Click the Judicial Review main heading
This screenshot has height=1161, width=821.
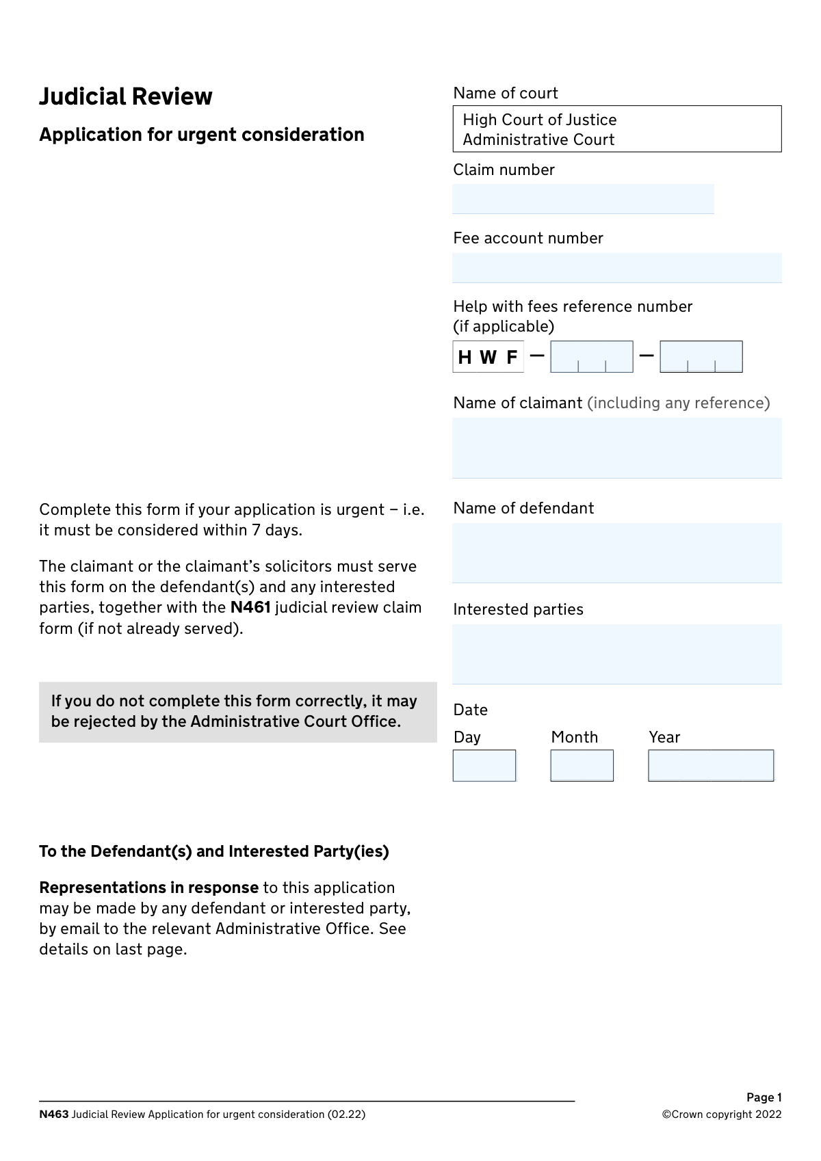(x=126, y=96)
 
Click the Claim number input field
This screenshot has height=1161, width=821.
(x=583, y=199)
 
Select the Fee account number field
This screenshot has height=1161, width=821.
(x=616, y=268)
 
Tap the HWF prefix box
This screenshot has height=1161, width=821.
(x=488, y=357)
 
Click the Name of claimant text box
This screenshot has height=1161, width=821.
(x=616, y=448)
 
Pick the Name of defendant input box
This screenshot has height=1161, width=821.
(x=616, y=552)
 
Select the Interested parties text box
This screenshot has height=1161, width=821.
(x=616, y=654)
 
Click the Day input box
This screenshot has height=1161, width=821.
(x=484, y=765)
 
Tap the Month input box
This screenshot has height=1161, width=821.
(x=582, y=765)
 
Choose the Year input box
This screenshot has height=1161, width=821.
(x=711, y=765)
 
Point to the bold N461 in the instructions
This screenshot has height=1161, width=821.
(x=250, y=607)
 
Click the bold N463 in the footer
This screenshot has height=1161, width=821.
(x=54, y=1114)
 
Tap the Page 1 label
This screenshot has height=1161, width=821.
(x=764, y=1097)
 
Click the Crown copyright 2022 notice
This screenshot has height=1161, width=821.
(x=721, y=1114)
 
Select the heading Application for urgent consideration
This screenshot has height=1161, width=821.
(x=202, y=135)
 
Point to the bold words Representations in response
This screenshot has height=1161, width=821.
(x=148, y=888)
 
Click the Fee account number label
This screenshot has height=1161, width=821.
(x=528, y=238)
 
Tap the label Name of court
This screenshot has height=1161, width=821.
(x=506, y=93)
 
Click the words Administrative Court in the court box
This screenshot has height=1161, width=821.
(x=538, y=139)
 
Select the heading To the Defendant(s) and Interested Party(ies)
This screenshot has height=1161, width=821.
(x=214, y=851)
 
